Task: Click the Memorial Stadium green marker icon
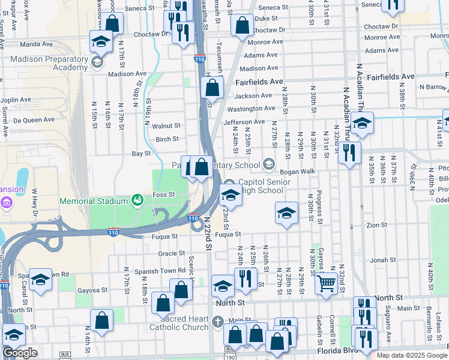[x=137, y=199]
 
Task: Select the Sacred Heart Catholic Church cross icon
[x=217, y=322]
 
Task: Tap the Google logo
[x=20, y=353]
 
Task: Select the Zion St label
[x=376, y=225]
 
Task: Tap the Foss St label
[x=163, y=194]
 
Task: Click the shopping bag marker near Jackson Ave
[x=212, y=87]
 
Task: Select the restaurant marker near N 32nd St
[x=349, y=151]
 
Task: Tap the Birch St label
[x=167, y=139]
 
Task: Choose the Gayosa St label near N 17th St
[x=92, y=290]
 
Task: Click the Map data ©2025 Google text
[x=411, y=355]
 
